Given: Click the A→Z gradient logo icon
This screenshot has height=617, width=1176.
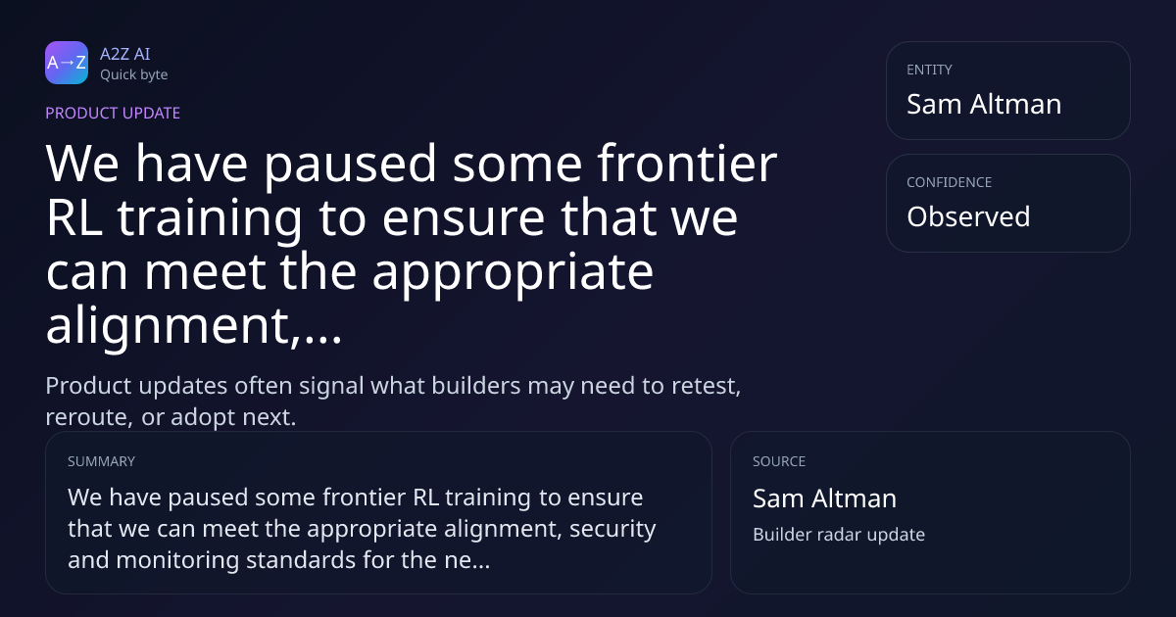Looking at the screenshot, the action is pyautogui.click(x=67, y=63).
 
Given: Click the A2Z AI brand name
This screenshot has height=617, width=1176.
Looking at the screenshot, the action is pyautogui.click(x=125, y=54).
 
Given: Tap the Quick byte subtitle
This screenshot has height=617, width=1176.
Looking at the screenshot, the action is pyautogui.click(x=134, y=75).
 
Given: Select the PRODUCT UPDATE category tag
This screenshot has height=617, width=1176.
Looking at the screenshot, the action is pyautogui.click(x=113, y=113).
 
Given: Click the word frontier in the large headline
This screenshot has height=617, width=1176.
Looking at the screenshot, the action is pyautogui.click(x=687, y=164).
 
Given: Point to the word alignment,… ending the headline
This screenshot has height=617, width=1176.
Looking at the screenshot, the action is pyautogui.click(x=194, y=325).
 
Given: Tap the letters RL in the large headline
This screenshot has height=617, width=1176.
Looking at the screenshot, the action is pyautogui.click(x=73, y=217).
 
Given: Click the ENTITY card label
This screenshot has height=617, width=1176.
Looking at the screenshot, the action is pyautogui.click(x=929, y=70).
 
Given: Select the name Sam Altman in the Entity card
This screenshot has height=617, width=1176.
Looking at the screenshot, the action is pyautogui.click(x=984, y=104).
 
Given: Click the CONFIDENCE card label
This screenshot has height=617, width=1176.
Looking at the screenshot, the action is pyautogui.click(x=950, y=182).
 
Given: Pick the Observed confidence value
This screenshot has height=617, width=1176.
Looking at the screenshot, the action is pyautogui.click(x=968, y=216).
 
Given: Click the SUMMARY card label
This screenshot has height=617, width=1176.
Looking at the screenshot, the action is pyautogui.click(x=101, y=461).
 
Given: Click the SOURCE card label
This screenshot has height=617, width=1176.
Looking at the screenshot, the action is pyautogui.click(x=779, y=461).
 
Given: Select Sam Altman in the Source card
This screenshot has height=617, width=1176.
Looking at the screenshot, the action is pyautogui.click(x=825, y=498).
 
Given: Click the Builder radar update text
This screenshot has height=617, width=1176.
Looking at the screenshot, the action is pyautogui.click(x=839, y=535).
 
